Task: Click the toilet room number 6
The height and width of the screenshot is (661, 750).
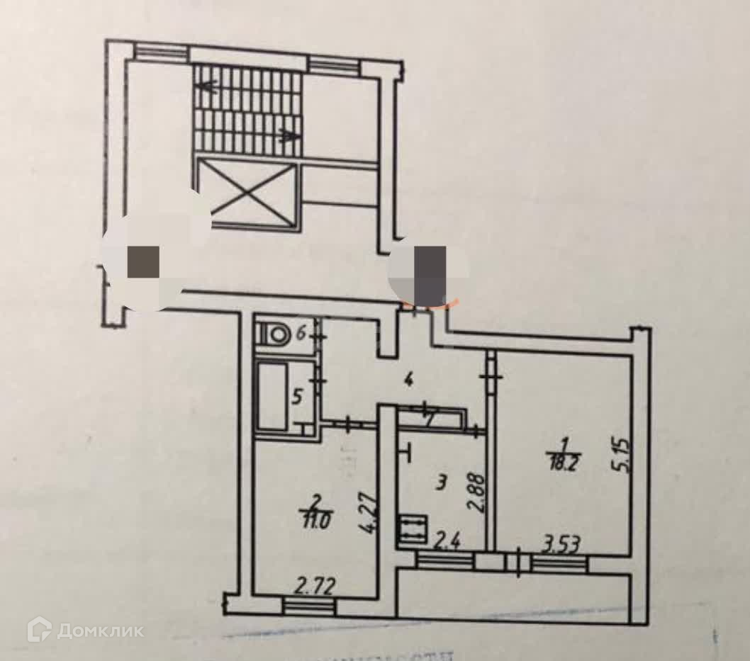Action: [x=301, y=332]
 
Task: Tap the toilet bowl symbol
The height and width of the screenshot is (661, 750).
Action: [x=273, y=334]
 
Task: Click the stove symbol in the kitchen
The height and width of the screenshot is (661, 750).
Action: [x=412, y=529]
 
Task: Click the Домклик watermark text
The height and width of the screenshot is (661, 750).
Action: [x=100, y=630]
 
